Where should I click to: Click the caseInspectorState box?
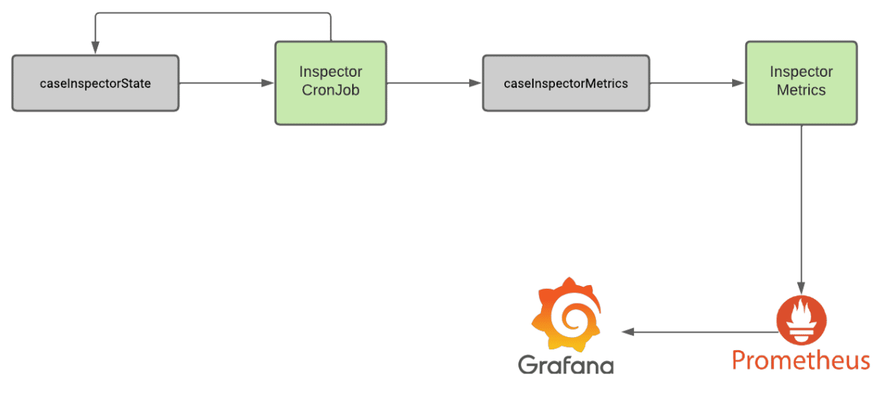coord(95,83)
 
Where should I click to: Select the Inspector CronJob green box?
coord(331,83)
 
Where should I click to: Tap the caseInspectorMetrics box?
coord(566,83)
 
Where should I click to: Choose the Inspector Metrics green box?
coord(802,83)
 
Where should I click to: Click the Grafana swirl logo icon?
coord(566,315)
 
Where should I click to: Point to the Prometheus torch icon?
coord(802,320)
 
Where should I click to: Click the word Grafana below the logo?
coord(566,365)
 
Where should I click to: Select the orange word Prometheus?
coord(801,360)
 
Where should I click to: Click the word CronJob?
coord(331,90)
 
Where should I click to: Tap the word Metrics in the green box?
coord(802,90)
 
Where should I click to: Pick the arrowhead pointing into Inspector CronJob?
coord(267,83)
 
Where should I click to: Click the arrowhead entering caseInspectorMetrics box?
coord(475,83)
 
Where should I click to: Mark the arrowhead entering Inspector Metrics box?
coord(738,83)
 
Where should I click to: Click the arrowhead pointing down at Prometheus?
coord(802,288)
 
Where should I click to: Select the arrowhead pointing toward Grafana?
coord(628,332)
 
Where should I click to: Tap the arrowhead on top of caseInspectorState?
coord(95,48)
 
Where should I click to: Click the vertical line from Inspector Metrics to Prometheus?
coord(802,210)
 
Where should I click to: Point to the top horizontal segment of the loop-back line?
coord(213,13)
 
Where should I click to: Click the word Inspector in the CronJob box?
coord(331,72)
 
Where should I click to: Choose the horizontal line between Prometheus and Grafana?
coord(699,332)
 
